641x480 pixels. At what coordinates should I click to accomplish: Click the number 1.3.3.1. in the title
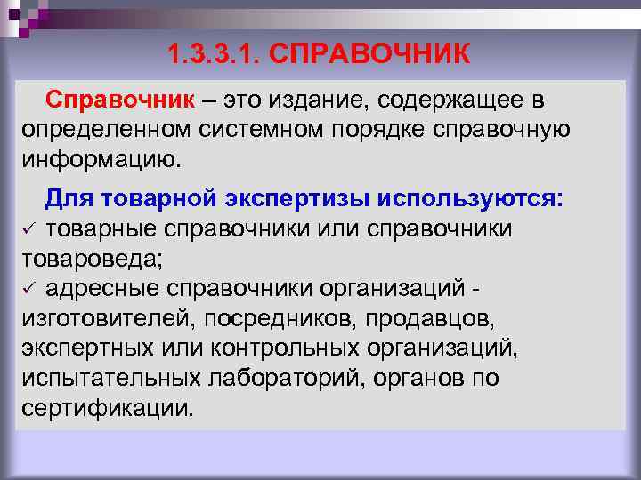[x=210, y=55]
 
